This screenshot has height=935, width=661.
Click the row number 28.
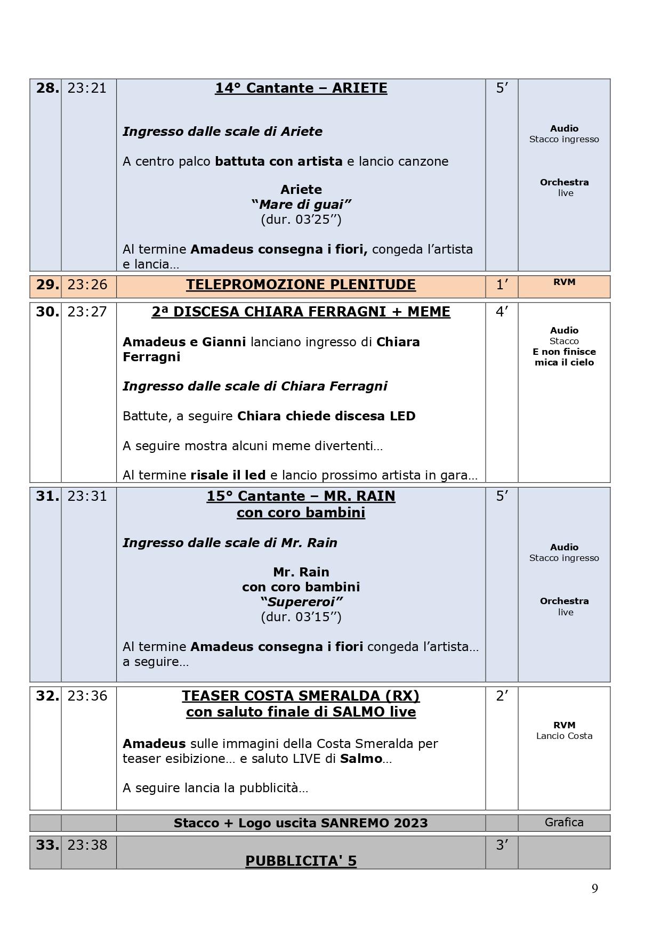point(47,88)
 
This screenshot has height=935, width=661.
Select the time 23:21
point(87,88)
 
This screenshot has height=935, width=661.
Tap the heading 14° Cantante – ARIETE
point(301,88)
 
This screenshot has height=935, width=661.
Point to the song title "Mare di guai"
point(301,205)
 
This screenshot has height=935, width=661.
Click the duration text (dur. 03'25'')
point(301,219)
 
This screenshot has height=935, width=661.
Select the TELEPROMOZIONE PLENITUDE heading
point(301,285)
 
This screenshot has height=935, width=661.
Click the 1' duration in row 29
point(501,285)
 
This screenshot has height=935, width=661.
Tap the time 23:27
point(87,312)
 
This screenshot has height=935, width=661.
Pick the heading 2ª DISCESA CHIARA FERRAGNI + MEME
point(301,312)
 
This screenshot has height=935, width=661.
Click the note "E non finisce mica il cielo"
point(564,357)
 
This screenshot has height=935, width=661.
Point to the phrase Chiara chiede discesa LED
point(326,416)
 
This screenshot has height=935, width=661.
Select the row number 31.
point(47,497)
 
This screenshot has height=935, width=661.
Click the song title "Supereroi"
point(301,602)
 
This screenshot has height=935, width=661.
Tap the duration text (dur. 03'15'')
point(301,617)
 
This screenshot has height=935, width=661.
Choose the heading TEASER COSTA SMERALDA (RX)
point(301,696)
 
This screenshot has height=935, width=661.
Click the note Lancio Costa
point(564,736)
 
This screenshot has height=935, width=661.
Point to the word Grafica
point(564,823)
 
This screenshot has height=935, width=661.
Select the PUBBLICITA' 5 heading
point(301,861)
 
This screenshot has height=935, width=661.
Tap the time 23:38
point(87,845)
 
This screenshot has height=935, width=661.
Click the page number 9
point(594,889)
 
